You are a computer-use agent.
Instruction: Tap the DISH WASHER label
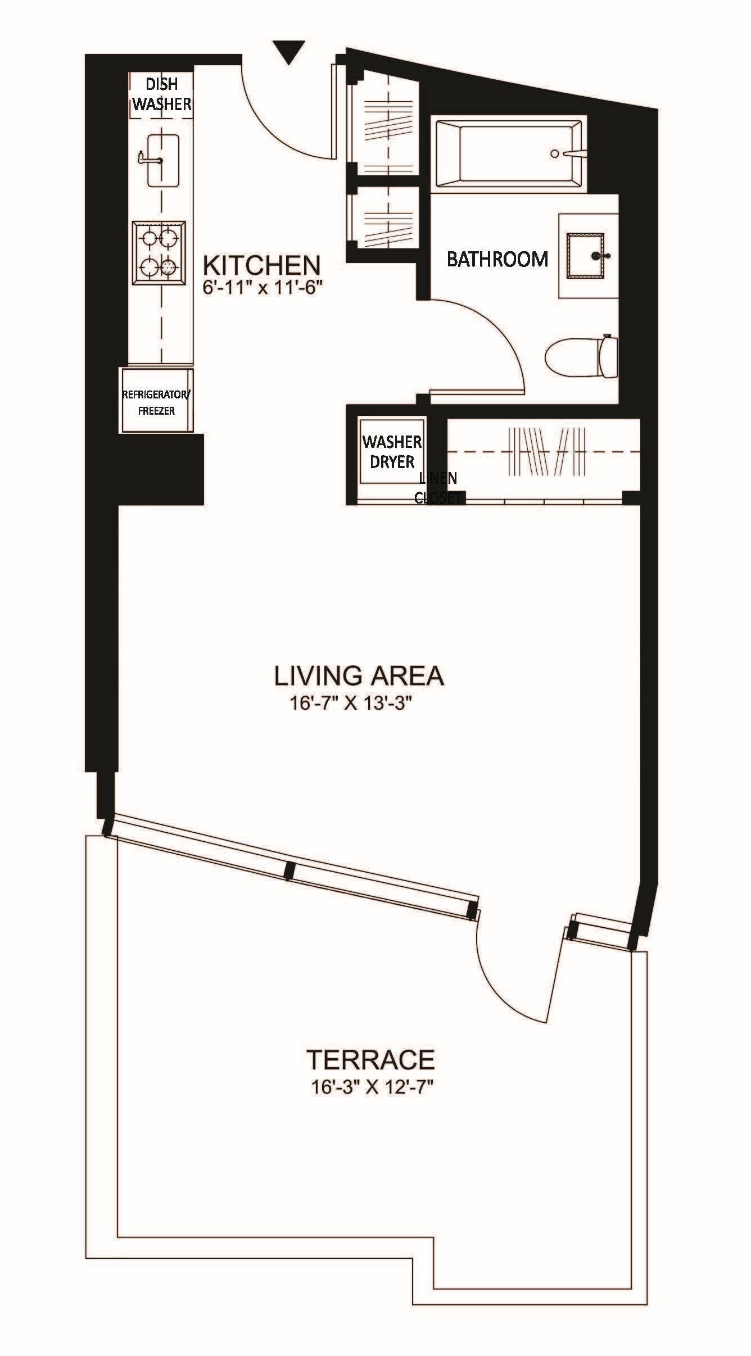pos(162,94)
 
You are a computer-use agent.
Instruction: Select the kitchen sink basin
pos(163,160)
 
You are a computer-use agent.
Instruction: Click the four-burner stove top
pos(160,253)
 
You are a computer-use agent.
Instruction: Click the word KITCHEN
pos(261,264)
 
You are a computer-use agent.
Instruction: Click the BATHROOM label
pos(497,260)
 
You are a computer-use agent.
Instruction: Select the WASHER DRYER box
pos(392,451)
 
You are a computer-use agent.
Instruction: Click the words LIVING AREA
pos(359,675)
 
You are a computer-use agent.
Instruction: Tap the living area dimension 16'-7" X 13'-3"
pos(347,704)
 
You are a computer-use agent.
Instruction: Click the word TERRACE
pos(371,1060)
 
